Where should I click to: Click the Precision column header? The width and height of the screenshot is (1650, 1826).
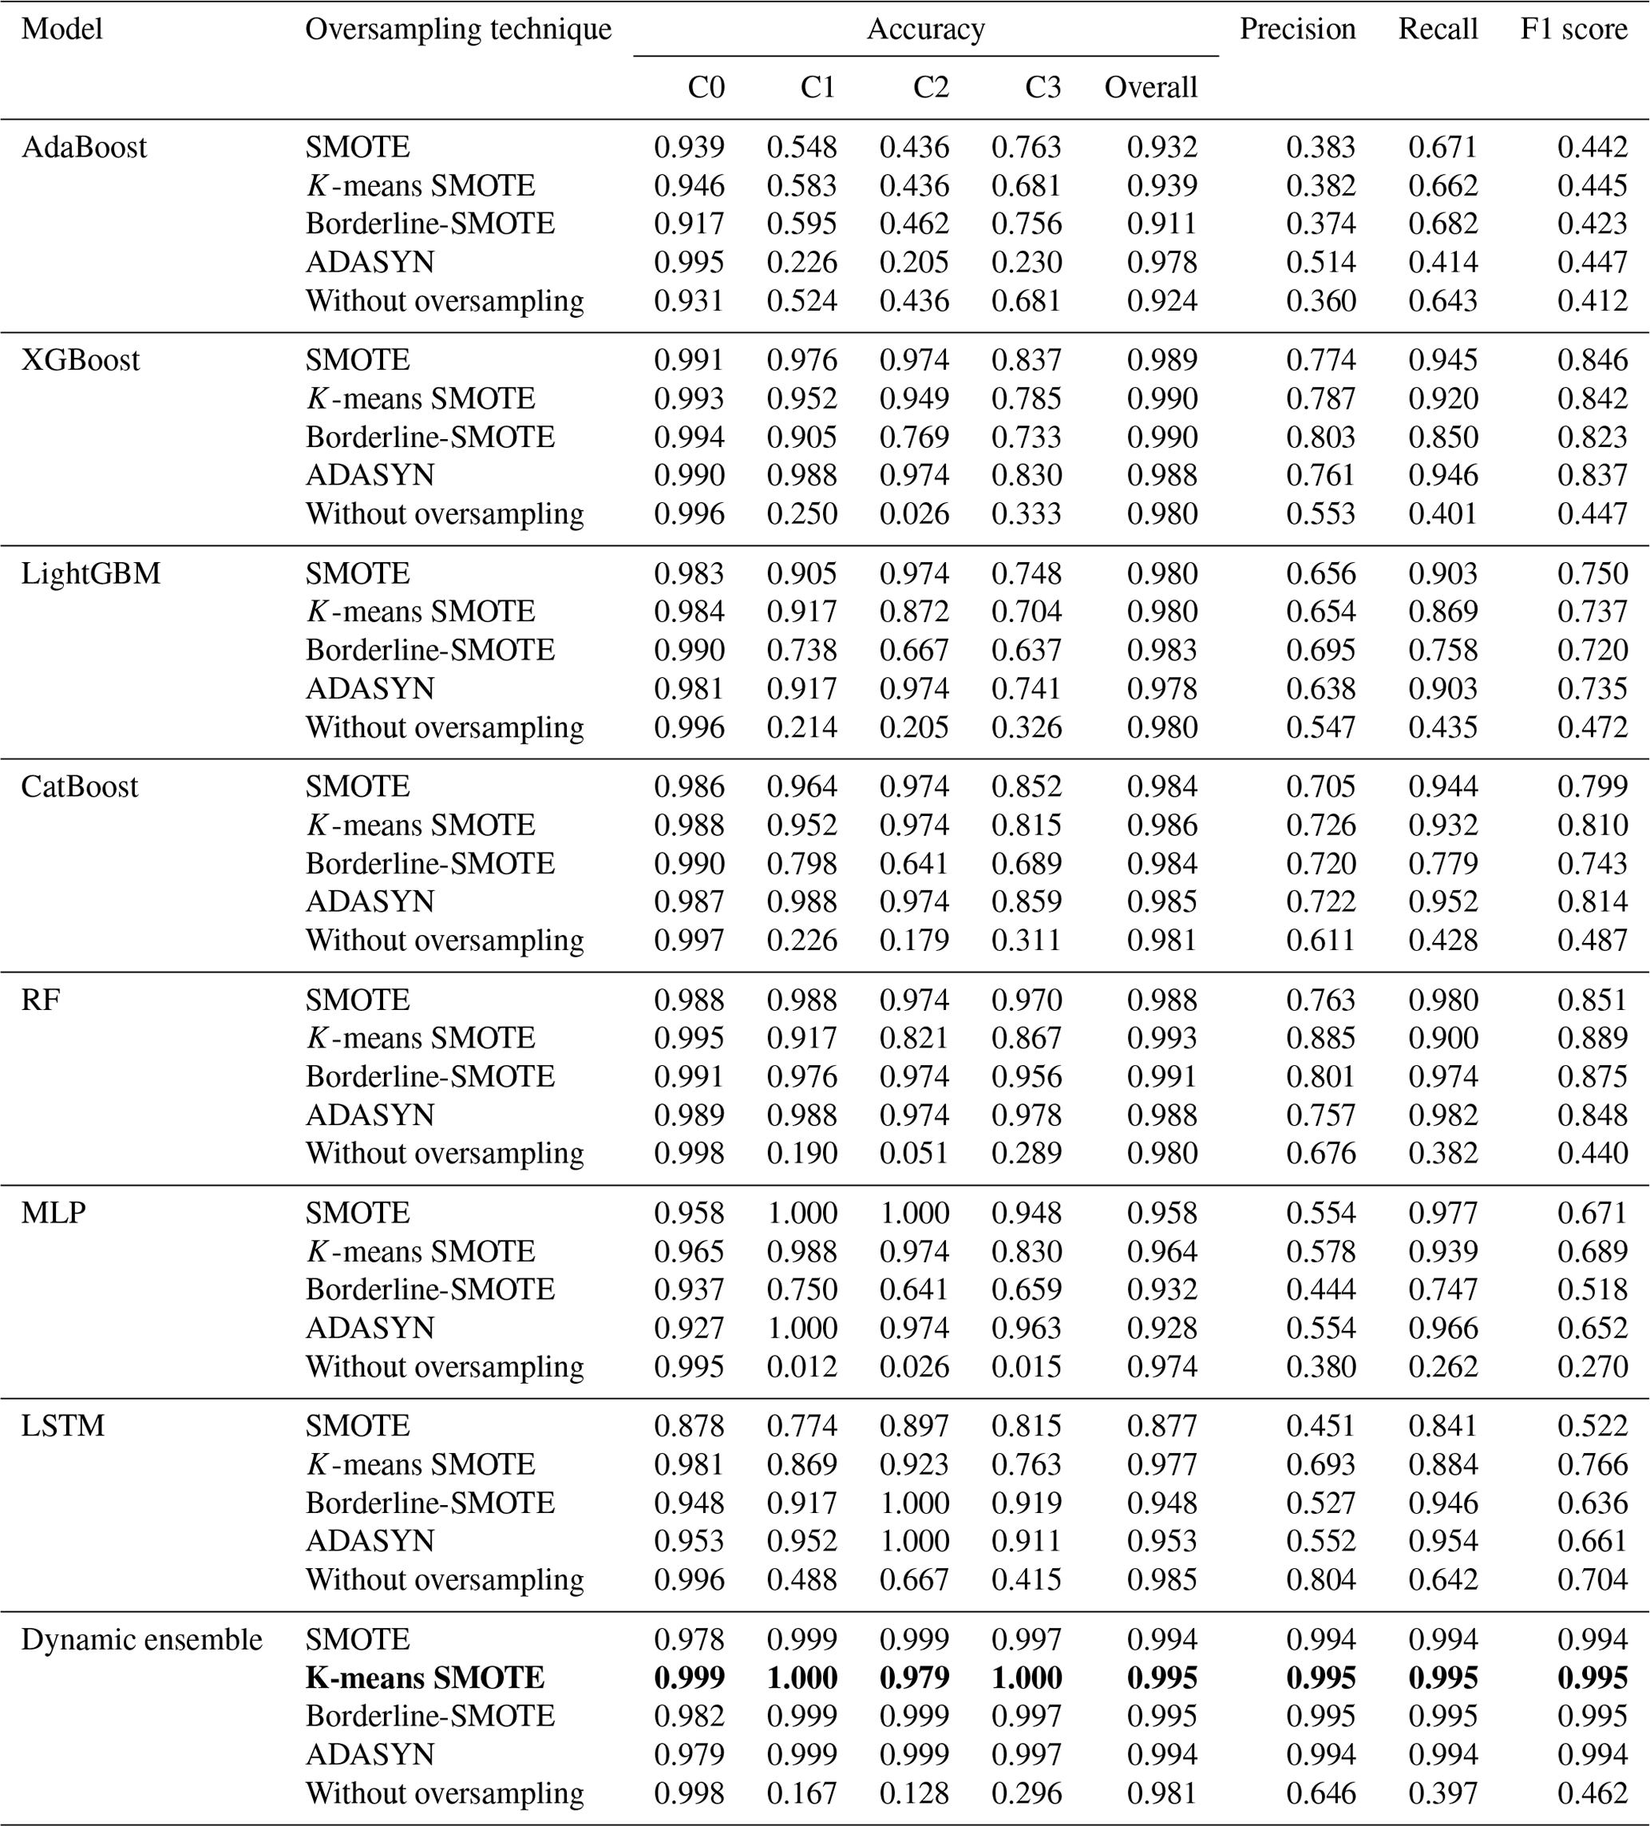tap(1297, 29)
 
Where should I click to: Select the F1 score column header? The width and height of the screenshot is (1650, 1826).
tap(1573, 29)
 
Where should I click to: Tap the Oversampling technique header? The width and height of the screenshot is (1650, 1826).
tap(458, 29)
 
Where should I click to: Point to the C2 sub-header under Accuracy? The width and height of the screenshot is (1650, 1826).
tap(930, 87)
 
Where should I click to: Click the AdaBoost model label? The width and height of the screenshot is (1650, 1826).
tap(83, 147)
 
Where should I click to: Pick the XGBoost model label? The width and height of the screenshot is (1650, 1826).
tap(80, 359)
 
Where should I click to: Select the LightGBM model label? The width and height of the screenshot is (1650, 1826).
tap(90, 573)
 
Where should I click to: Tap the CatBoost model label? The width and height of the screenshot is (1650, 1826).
tap(80, 786)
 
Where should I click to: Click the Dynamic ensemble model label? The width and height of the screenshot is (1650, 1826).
tap(141, 1639)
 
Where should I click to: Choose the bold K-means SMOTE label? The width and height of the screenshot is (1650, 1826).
tap(425, 1677)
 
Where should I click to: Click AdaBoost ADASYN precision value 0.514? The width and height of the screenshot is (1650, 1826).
tap(1320, 262)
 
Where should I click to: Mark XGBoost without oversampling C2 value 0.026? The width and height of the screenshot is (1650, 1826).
tap(914, 513)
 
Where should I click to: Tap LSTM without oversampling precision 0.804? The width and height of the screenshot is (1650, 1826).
tap(1320, 1579)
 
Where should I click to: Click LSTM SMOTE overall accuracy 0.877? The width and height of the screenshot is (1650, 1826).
tap(1162, 1426)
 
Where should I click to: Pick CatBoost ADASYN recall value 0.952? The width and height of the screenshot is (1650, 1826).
tap(1442, 901)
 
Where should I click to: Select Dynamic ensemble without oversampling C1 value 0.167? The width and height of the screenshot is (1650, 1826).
tap(801, 1792)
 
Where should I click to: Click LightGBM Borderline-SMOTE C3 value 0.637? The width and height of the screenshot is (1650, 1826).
tap(1026, 651)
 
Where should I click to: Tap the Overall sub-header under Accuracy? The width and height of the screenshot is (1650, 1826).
tap(1150, 87)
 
